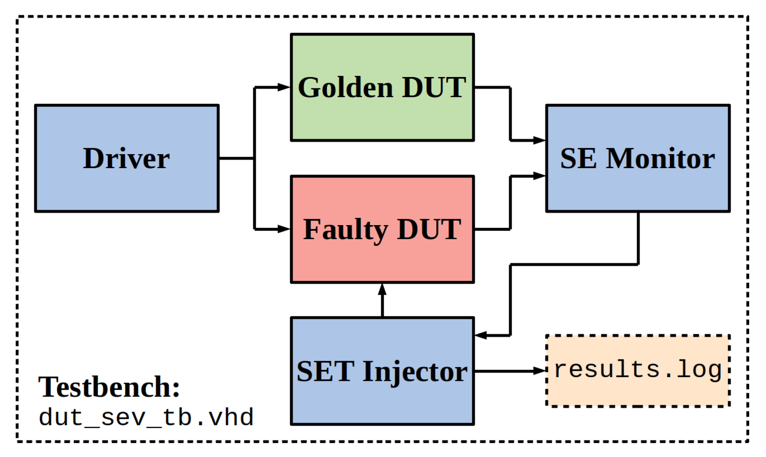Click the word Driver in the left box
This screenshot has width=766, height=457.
(x=126, y=158)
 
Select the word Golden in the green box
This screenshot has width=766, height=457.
(x=346, y=87)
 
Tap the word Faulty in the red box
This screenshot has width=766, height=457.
(x=346, y=230)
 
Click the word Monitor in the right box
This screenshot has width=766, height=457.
(x=660, y=158)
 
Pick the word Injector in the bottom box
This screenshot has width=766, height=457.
(x=415, y=372)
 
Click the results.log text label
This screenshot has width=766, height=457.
(x=638, y=369)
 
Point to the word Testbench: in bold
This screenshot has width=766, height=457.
(x=109, y=387)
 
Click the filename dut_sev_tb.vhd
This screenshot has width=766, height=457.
(x=146, y=417)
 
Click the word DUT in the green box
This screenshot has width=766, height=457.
(x=434, y=87)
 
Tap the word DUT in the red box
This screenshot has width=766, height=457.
(x=429, y=230)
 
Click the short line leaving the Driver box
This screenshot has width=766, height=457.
(x=236, y=158)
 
